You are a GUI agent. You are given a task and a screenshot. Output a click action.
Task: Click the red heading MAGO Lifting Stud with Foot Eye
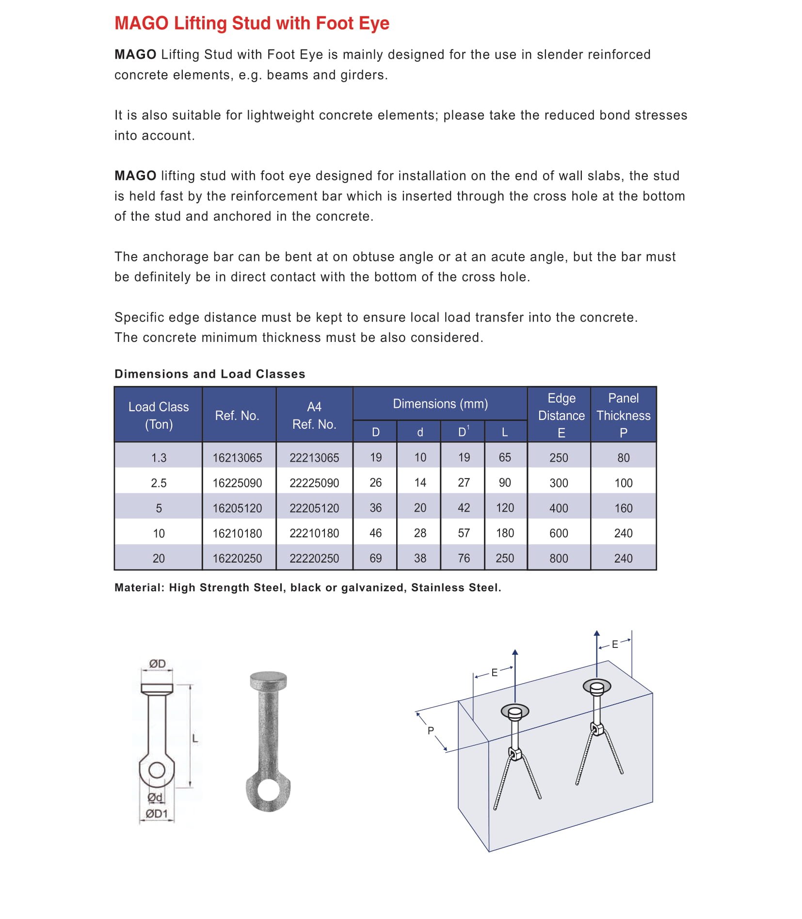(x=252, y=23)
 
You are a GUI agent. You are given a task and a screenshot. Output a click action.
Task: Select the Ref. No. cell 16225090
(x=237, y=483)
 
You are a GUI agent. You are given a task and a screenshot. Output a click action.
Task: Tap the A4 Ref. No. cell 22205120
(x=314, y=508)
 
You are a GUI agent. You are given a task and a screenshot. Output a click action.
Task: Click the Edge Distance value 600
(x=559, y=533)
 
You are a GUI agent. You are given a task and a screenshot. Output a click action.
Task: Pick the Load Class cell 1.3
(x=159, y=457)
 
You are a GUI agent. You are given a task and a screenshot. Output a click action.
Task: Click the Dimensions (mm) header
(x=440, y=403)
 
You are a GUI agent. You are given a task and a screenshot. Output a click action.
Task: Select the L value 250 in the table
(x=505, y=558)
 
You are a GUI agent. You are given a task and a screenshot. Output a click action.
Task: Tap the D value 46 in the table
(x=375, y=533)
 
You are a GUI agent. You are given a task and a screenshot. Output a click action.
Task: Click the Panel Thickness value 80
(x=623, y=457)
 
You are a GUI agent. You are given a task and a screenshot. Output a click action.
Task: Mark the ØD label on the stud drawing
(x=157, y=663)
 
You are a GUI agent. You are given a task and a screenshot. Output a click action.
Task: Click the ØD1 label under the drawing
(x=157, y=813)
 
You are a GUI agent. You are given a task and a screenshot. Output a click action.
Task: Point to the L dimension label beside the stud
(x=195, y=739)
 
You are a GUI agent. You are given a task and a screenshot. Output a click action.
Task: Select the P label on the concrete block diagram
(x=431, y=730)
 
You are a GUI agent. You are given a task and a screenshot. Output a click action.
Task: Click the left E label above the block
(x=494, y=673)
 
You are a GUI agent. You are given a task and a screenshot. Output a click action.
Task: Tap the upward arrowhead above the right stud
(x=597, y=633)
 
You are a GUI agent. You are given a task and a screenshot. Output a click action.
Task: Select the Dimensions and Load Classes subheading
(x=209, y=374)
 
